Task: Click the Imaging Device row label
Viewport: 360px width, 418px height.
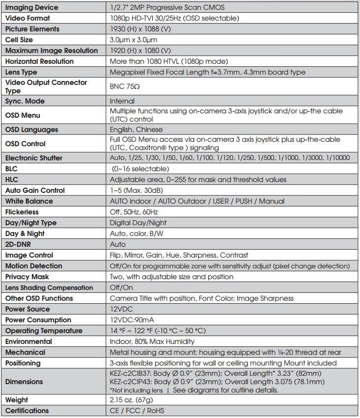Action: pyautogui.click(x=31, y=7)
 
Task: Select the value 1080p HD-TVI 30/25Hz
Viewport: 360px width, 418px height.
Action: pyautogui.click(x=174, y=18)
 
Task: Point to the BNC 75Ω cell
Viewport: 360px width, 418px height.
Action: pyautogui.click(x=126, y=87)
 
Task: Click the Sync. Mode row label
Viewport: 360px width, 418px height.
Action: pyautogui.click(x=25, y=101)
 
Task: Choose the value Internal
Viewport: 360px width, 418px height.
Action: pyautogui.click(x=122, y=101)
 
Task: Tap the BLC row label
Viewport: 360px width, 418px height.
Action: pyautogui.click(x=12, y=169)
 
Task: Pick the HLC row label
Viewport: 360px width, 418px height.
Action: pyautogui.click(x=12, y=180)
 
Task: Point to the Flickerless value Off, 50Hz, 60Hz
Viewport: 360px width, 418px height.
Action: pyautogui.click(x=134, y=212)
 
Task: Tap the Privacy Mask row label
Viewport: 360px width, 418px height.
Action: pyautogui.click(x=28, y=277)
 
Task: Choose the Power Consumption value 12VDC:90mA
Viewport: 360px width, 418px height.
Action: pyautogui.click(x=132, y=320)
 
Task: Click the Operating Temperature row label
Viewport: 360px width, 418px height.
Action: pyautogui.click(x=44, y=331)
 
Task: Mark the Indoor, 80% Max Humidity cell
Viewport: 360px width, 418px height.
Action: pyautogui.click(x=152, y=341)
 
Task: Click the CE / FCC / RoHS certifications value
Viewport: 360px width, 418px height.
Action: pyautogui.click(x=137, y=411)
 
